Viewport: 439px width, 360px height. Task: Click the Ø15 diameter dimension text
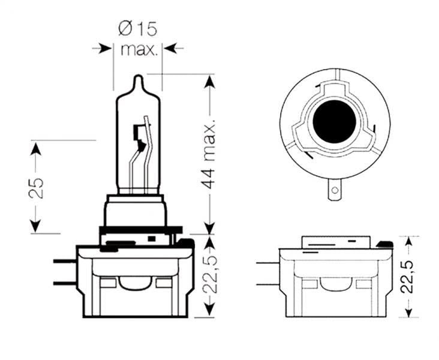(139, 28)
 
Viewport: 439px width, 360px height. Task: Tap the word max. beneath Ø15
(139, 49)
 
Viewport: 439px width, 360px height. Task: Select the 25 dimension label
(35, 187)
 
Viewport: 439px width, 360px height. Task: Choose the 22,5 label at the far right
(409, 276)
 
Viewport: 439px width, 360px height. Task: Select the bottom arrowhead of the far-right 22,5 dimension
(409, 311)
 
